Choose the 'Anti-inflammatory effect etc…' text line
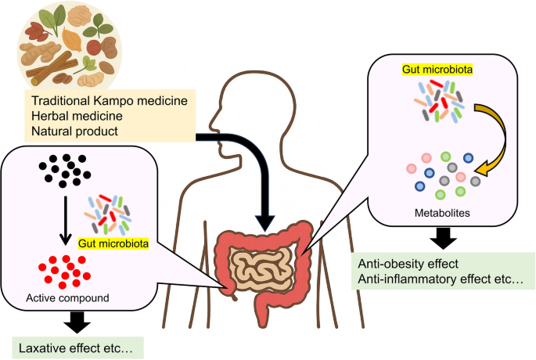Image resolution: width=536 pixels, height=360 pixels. [x=440, y=279]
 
